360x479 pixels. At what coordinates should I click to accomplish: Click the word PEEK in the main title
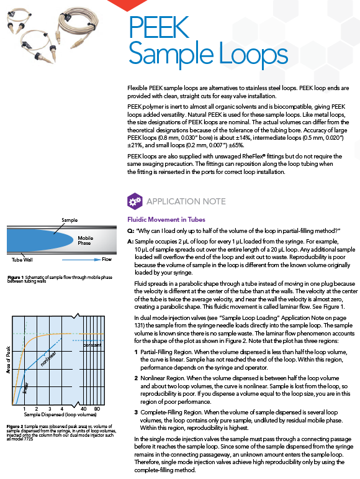coord(159,27)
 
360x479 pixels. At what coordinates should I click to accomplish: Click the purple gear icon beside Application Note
coord(135,201)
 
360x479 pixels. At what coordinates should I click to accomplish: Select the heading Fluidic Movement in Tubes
coord(166,219)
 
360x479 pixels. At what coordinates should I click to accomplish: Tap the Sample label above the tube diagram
coord(70,220)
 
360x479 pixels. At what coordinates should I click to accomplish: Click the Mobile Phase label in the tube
coord(85,240)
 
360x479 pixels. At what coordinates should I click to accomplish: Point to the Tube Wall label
coord(22,260)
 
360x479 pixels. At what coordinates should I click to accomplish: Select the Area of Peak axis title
coord(8,360)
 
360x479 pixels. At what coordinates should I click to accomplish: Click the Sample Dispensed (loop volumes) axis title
coord(60,414)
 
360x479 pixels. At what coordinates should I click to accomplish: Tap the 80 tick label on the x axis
coord(97,409)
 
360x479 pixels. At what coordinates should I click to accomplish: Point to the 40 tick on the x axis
coord(83,409)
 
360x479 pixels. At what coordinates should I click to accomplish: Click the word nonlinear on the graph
coord(48,358)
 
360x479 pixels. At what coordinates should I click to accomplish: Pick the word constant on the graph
coord(92,345)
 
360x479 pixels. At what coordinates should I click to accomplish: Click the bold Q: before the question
coord(130,231)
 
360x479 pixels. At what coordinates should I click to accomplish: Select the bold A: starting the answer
coord(130,242)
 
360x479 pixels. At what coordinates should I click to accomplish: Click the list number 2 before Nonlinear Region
coord(136,378)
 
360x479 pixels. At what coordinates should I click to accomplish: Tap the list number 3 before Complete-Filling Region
coord(136,413)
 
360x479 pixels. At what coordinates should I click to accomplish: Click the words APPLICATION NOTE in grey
coord(186,201)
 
